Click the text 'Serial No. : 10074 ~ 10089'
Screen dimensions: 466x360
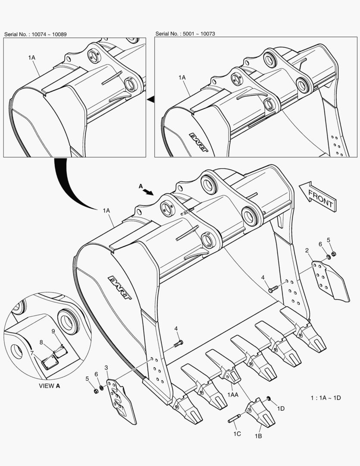click(x=35, y=34)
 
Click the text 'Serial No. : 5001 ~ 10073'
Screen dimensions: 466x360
click(x=185, y=34)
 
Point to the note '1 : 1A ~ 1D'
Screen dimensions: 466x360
click(x=326, y=397)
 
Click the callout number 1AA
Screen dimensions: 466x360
click(x=233, y=394)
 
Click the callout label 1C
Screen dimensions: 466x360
click(x=237, y=433)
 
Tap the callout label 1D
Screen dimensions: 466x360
click(x=281, y=408)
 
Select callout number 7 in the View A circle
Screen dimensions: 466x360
click(x=32, y=353)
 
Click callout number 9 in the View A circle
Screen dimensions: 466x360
click(x=53, y=331)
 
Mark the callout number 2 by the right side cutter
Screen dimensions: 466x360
click(x=307, y=250)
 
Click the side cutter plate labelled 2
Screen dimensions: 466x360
click(x=330, y=280)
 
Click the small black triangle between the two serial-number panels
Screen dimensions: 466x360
click(x=150, y=100)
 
